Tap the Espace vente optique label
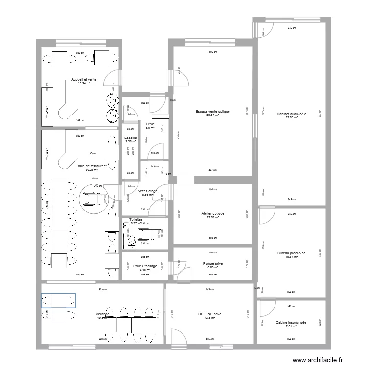pyautogui.click(x=212, y=111)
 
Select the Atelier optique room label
pyautogui.click(x=212, y=213)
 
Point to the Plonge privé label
pyautogui.click(x=212, y=263)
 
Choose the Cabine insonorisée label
pyautogui.click(x=291, y=322)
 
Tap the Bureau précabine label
pyautogui.click(x=291, y=253)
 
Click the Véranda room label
pyautogui.click(x=102, y=314)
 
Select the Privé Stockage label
pyautogui.click(x=141, y=266)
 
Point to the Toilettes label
pyautogui.click(x=136, y=220)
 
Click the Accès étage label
pyautogui.click(x=147, y=191)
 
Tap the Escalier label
pyautogui.click(x=131, y=138)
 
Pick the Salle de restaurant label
pyautogui.click(x=92, y=166)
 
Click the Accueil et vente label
pyautogui.click(x=84, y=79)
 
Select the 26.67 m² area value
pyautogui.click(x=212, y=115)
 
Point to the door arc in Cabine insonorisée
pyautogui.click(x=267, y=308)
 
